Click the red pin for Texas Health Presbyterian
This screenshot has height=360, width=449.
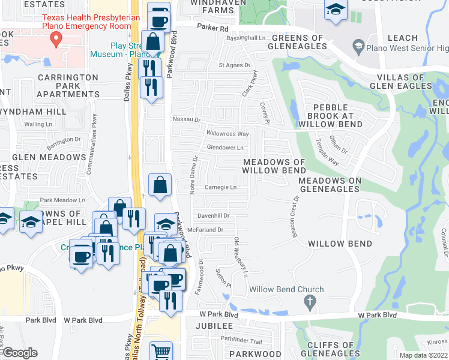coord(56,40)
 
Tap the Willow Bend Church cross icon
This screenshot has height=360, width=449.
coord(310,302)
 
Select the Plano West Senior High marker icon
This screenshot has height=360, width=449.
coord(358,46)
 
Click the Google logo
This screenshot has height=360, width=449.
coord(20,353)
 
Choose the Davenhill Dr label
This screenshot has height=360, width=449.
coord(213,215)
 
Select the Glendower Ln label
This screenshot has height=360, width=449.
coord(225,147)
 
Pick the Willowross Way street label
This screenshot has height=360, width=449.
coord(228,134)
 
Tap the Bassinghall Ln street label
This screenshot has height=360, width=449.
coord(246,38)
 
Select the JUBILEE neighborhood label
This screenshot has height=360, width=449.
coord(214,325)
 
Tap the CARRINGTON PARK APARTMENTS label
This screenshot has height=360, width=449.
coord(68,86)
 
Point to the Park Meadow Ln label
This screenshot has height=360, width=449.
coord(63,200)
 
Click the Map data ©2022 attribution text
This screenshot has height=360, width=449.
coord(424,355)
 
